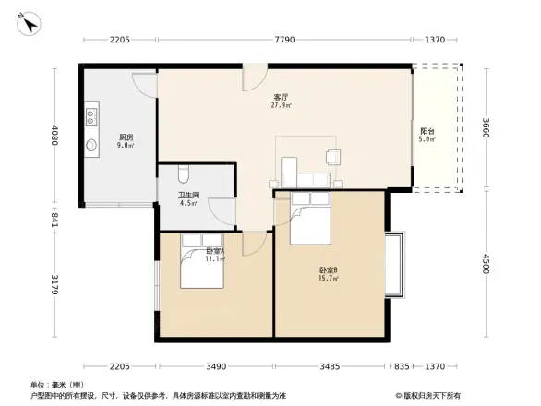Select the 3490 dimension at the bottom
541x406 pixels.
coord(216,366)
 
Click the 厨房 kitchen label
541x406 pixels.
coord(125,137)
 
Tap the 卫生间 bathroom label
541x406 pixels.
coord(188,195)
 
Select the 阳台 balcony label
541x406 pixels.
coord(427,132)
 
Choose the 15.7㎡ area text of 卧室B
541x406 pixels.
coord(329,278)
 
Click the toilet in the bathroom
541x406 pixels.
coord(183,173)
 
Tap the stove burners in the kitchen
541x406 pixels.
coord(92,117)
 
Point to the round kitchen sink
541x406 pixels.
coord(92,146)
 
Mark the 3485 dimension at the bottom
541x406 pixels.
coord(328,366)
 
